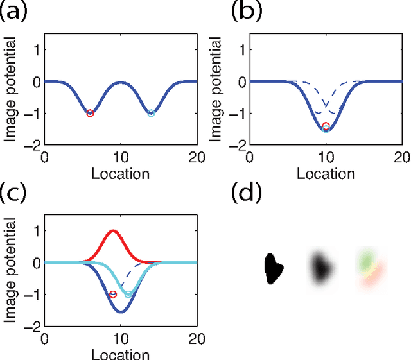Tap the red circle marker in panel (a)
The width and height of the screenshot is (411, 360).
point(90,113)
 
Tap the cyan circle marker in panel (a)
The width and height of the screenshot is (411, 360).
point(152,113)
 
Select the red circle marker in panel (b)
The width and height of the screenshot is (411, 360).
point(326,126)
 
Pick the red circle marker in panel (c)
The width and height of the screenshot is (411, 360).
point(113,295)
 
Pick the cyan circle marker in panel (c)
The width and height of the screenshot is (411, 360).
point(128,294)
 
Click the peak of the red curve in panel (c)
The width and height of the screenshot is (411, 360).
point(114,230)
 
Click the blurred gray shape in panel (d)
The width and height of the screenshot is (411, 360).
point(320,267)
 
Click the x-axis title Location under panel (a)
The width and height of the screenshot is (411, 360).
point(121,173)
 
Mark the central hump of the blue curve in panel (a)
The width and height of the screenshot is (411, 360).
point(121,82)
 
